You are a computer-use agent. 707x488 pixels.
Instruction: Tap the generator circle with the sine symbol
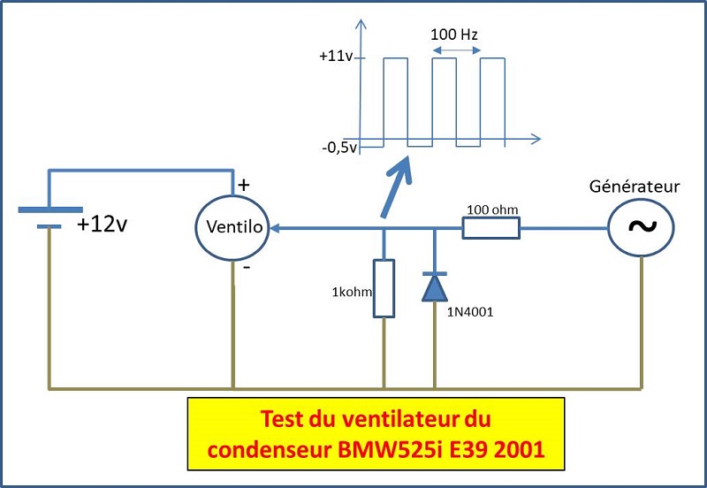pyautogui.click(x=641, y=227)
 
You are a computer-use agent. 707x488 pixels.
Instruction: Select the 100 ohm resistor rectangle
pyautogui.click(x=490, y=228)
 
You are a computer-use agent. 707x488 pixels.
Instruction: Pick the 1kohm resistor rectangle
pyautogui.click(x=384, y=287)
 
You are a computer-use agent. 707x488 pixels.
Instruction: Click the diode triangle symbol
pyautogui.click(x=435, y=286)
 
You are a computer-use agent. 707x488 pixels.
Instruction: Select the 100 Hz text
pyautogui.click(x=455, y=35)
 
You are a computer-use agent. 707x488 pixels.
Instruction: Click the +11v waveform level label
pyautogui.click(x=337, y=57)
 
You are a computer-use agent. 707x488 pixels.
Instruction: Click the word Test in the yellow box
pyautogui.click(x=287, y=416)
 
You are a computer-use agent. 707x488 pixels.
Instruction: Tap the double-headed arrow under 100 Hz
pyautogui.click(x=456, y=52)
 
